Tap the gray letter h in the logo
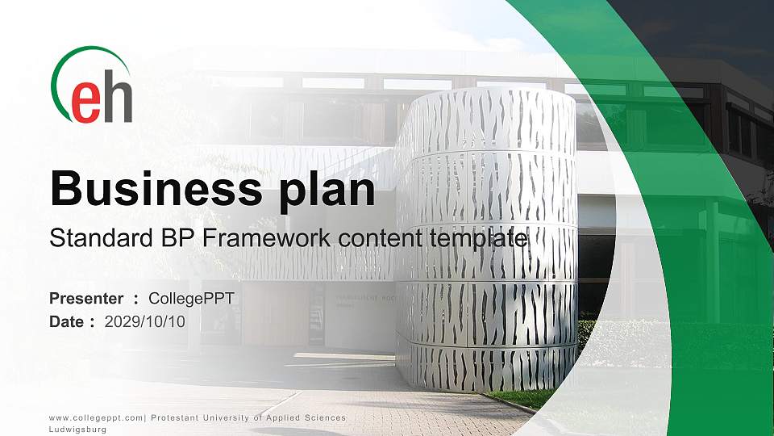click(x=117, y=99)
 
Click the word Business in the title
click(x=148, y=188)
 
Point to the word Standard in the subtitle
click(x=95, y=239)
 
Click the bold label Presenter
click(x=86, y=299)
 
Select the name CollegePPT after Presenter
click(x=191, y=299)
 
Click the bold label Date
click(x=67, y=321)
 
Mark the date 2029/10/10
click(x=145, y=321)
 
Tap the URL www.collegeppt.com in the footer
click(x=95, y=417)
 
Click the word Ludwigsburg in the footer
click(x=77, y=430)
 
